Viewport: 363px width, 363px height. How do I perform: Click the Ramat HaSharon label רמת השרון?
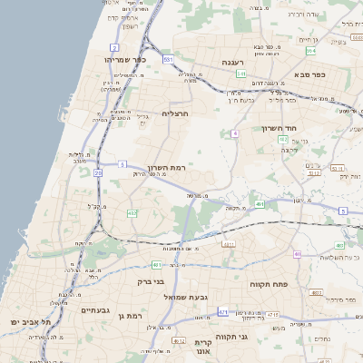click(165, 168)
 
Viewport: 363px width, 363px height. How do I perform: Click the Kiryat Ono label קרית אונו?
click(202, 346)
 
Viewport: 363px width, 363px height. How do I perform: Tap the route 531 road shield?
click(168, 59)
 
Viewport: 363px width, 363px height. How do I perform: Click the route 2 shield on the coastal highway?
click(114, 46)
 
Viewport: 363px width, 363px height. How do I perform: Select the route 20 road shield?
click(97, 172)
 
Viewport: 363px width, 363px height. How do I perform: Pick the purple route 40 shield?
click(298, 254)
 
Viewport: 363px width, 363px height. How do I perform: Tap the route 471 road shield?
click(222, 311)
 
